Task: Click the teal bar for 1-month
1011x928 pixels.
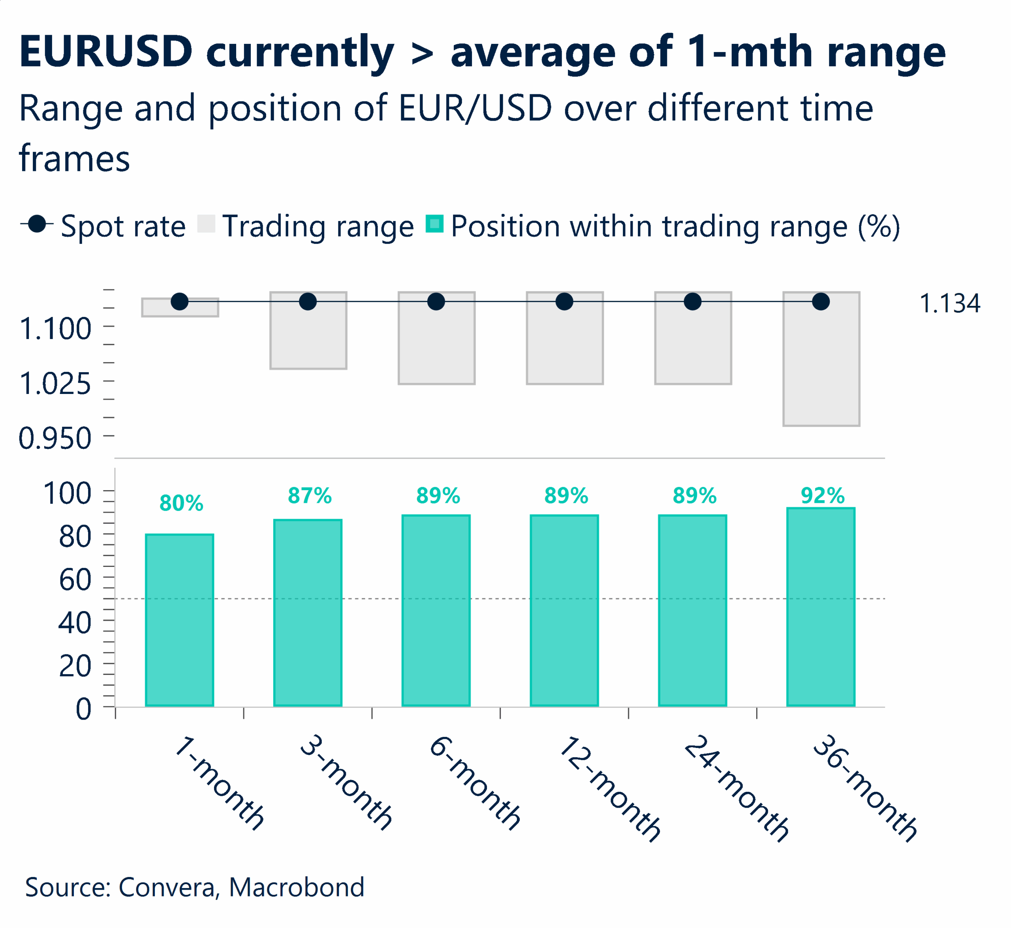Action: [x=179, y=620]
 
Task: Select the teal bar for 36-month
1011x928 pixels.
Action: [x=821, y=607]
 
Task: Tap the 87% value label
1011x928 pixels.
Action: [x=310, y=496]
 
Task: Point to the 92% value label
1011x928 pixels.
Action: [x=823, y=496]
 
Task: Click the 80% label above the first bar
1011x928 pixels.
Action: [x=181, y=503]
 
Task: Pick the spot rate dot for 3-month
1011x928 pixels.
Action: [x=308, y=302]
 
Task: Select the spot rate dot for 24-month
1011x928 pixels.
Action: [x=692, y=302]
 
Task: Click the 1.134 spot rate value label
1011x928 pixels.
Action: [x=949, y=304]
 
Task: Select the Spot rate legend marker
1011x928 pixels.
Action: [x=37, y=224]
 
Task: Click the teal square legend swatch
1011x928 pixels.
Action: [x=434, y=224]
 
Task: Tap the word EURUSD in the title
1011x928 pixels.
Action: [x=106, y=52]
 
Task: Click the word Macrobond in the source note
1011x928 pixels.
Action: [x=297, y=887]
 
